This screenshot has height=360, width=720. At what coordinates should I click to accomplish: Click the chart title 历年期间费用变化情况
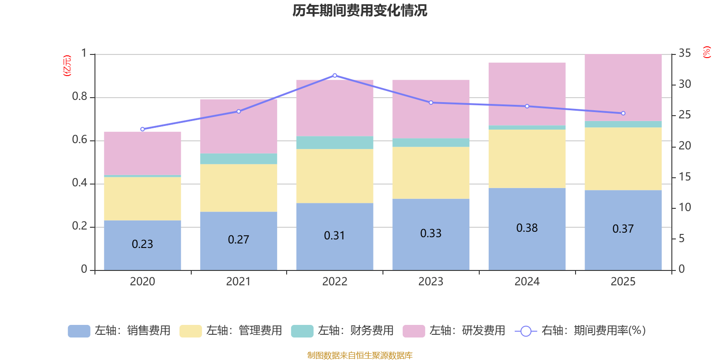click(360, 10)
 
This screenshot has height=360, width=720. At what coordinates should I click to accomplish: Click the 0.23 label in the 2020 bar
click(142, 244)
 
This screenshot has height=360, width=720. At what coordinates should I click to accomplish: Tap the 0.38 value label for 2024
click(527, 228)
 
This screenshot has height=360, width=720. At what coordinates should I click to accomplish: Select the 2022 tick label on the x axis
click(334, 282)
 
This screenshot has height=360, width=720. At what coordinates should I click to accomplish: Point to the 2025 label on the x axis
click(623, 282)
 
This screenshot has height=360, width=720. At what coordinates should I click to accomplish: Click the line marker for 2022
click(335, 75)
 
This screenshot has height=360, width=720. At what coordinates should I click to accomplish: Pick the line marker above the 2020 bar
click(143, 129)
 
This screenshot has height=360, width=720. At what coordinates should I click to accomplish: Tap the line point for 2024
click(527, 106)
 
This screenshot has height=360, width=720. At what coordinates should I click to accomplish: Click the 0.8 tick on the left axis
click(79, 97)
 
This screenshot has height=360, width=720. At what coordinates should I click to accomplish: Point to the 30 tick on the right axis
click(685, 84)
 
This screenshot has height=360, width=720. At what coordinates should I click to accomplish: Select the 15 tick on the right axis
click(685, 177)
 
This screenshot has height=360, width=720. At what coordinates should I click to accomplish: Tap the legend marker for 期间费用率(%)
click(526, 331)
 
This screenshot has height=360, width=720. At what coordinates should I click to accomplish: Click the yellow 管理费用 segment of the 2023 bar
click(431, 173)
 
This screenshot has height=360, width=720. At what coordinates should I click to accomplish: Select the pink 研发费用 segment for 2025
click(623, 88)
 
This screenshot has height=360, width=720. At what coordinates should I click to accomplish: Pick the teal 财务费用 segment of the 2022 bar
click(335, 142)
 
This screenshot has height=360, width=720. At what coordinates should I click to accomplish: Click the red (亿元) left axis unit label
click(67, 66)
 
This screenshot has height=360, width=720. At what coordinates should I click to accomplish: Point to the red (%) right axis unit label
click(706, 52)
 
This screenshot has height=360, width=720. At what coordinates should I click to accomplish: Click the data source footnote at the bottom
click(360, 355)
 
